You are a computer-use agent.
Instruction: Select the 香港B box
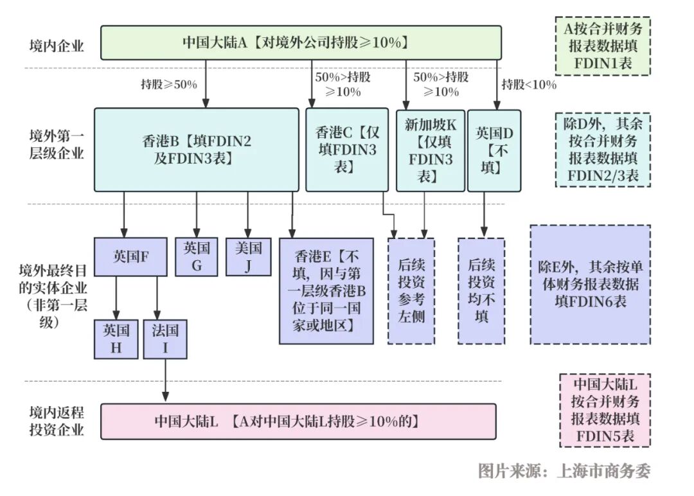click(x=196, y=150)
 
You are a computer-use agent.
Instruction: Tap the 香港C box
click(x=346, y=150)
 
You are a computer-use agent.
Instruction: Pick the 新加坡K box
click(x=430, y=150)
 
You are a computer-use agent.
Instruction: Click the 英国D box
click(x=494, y=150)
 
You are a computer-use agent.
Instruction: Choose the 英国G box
click(x=197, y=256)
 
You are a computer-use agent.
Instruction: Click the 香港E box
click(x=326, y=291)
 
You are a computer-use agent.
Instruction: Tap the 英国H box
click(x=116, y=339)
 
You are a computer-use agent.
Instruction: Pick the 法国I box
click(x=165, y=339)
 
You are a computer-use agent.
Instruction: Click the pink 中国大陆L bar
click(x=298, y=421)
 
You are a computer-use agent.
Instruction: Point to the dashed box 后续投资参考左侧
click(x=411, y=291)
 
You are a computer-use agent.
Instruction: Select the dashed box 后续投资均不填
click(x=481, y=291)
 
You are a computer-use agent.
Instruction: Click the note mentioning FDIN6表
click(x=590, y=284)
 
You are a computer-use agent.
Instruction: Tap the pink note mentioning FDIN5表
click(x=605, y=411)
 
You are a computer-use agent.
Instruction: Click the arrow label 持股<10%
click(x=528, y=84)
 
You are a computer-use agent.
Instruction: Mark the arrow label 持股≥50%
click(x=169, y=84)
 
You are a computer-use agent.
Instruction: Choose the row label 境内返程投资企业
click(x=57, y=421)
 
